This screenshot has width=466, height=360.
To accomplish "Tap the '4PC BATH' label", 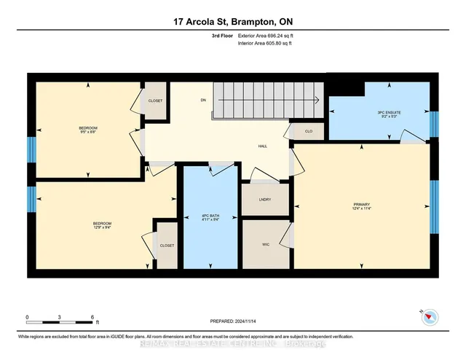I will (211, 215).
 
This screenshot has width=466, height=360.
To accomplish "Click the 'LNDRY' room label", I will (265, 199).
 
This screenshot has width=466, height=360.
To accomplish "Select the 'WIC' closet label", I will (265, 245).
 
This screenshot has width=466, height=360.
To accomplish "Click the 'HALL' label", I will (262, 146).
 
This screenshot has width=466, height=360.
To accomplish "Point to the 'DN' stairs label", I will (205, 101).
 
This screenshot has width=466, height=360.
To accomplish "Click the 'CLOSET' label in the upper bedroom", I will (155, 101).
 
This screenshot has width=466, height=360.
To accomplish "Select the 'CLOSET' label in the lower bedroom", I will (167, 246).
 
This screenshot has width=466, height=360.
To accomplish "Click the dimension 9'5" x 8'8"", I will (88, 133).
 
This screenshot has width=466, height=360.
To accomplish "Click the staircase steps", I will (266, 101).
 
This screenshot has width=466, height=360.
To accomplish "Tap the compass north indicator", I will (428, 316).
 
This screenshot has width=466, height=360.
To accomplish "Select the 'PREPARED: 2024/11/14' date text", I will (233, 320).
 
